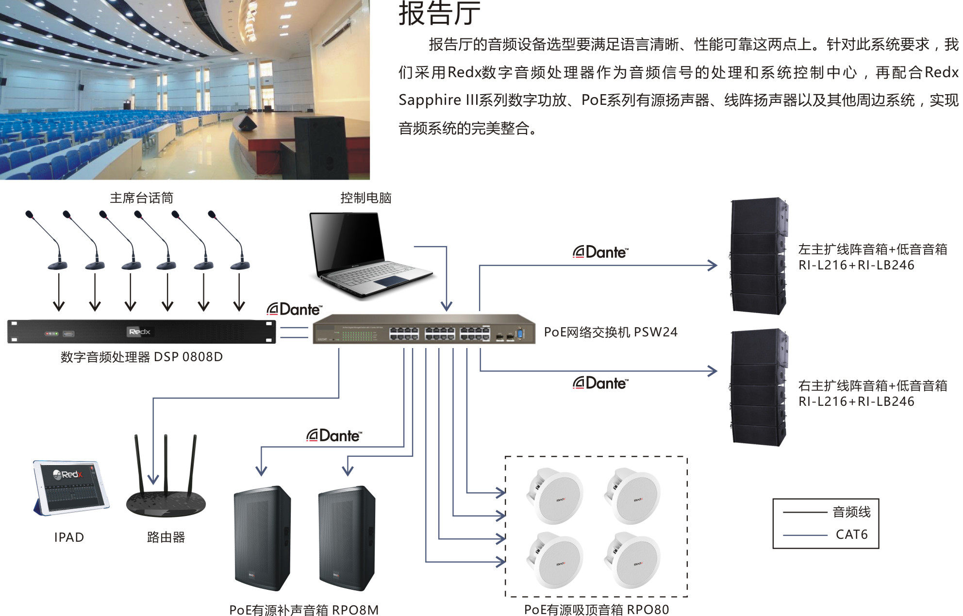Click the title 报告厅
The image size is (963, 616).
pyautogui.click(x=439, y=13)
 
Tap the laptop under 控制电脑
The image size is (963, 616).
pyautogui.click(x=369, y=255)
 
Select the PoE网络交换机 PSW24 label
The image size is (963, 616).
pyautogui.click(x=610, y=332)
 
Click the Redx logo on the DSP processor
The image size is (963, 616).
pyautogui.click(x=139, y=332)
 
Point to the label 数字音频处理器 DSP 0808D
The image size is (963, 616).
pyautogui.click(x=141, y=357)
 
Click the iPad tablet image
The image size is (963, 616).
pyautogui.click(x=70, y=487)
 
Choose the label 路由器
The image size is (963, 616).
pyautogui.click(x=166, y=537)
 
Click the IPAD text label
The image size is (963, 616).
pyautogui.click(x=69, y=537)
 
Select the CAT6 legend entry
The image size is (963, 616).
pyautogui.click(x=851, y=534)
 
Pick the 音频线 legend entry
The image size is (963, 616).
pyautogui.click(x=851, y=512)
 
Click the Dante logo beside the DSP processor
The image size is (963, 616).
pyautogui.click(x=294, y=309)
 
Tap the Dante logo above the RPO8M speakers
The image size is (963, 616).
pyautogui.click(x=334, y=435)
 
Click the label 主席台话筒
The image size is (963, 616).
pyautogui.click(x=141, y=198)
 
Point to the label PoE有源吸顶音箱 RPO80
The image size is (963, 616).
pyautogui.click(x=596, y=609)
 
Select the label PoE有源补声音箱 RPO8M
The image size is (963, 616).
pyautogui.click(x=303, y=610)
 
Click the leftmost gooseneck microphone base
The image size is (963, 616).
pyautogui.click(x=57, y=265)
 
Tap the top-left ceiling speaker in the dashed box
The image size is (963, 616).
pyautogui.click(x=555, y=495)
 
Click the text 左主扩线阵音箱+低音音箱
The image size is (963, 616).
pyautogui.click(x=872, y=249)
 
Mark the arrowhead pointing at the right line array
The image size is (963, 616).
pyautogui.click(x=712, y=371)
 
